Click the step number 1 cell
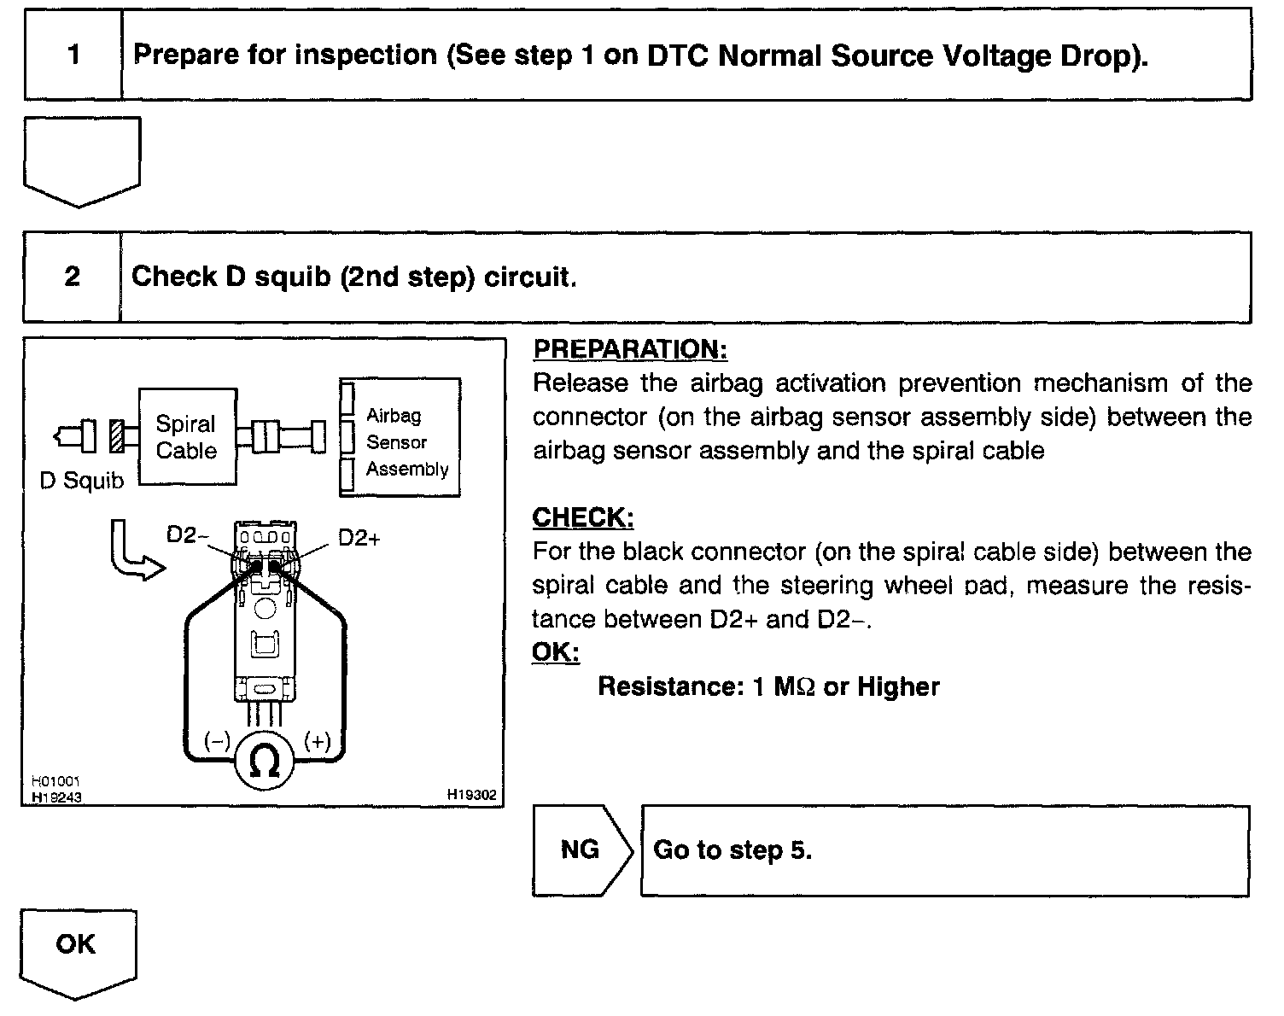[73, 55]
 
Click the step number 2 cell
[73, 277]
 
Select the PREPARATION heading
[630, 349]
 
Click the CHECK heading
[583, 517]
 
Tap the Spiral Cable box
[187, 437]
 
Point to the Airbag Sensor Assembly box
[400, 438]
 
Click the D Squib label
[82, 481]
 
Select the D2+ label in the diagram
[359, 539]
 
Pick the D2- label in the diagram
[187, 535]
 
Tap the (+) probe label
[317, 741]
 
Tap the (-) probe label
[217, 741]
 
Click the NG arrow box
[581, 850]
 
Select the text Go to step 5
[732, 850]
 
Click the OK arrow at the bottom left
[77, 948]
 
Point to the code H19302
[471, 795]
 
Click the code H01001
[56, 781]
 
